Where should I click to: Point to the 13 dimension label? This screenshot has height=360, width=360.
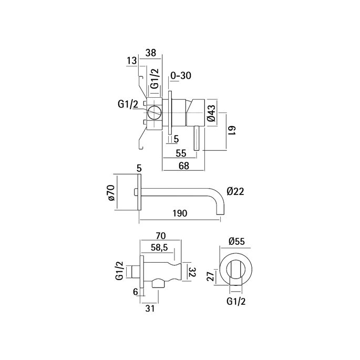click(x=131, y=61)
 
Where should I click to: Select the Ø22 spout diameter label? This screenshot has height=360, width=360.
click(x=236, y=192)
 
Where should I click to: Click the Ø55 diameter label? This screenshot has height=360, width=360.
click(x=236, y=242)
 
